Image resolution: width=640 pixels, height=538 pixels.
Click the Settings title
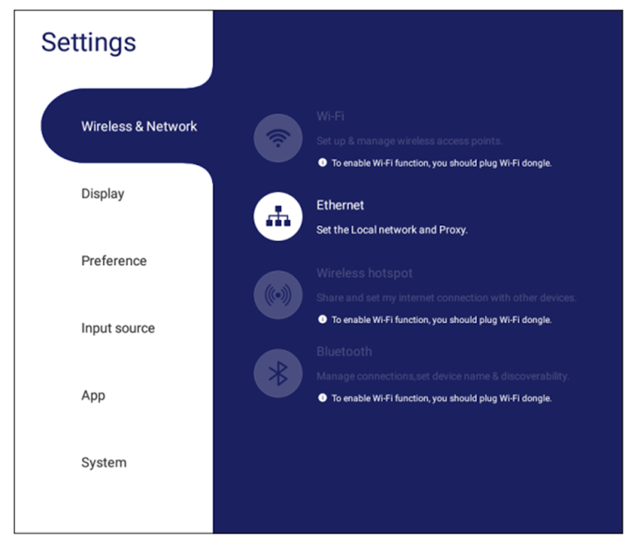point(88,43)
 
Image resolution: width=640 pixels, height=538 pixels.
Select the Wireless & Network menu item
point(139,127)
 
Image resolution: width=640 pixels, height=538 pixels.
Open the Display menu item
point(102,193)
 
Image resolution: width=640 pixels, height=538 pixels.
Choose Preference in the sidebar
point(114,261)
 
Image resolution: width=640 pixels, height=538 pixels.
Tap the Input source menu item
point(117,328)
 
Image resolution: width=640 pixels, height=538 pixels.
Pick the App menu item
point(93,395)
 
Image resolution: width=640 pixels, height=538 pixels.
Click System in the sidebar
point(104,463)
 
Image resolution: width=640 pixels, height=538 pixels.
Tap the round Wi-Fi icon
point(278,138)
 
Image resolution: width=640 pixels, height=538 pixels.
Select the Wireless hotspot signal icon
point(278,294)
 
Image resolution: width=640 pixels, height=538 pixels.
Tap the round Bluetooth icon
point(278,372)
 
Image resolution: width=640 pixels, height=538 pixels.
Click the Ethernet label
point(340,205)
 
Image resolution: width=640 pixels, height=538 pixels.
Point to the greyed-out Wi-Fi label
point(330,117)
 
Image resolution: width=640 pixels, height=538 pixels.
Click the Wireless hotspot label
point(364,274)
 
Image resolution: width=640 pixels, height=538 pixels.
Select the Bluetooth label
point(344,352)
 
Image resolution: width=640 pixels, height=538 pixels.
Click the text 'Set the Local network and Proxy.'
point(392,230)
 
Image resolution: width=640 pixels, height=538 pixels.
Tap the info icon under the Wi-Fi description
point(322,163)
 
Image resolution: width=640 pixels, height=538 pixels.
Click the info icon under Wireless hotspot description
point(322,320)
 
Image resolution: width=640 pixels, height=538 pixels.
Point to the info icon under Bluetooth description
point(322,398)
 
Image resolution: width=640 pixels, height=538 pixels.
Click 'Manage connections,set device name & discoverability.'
point(442,376)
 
